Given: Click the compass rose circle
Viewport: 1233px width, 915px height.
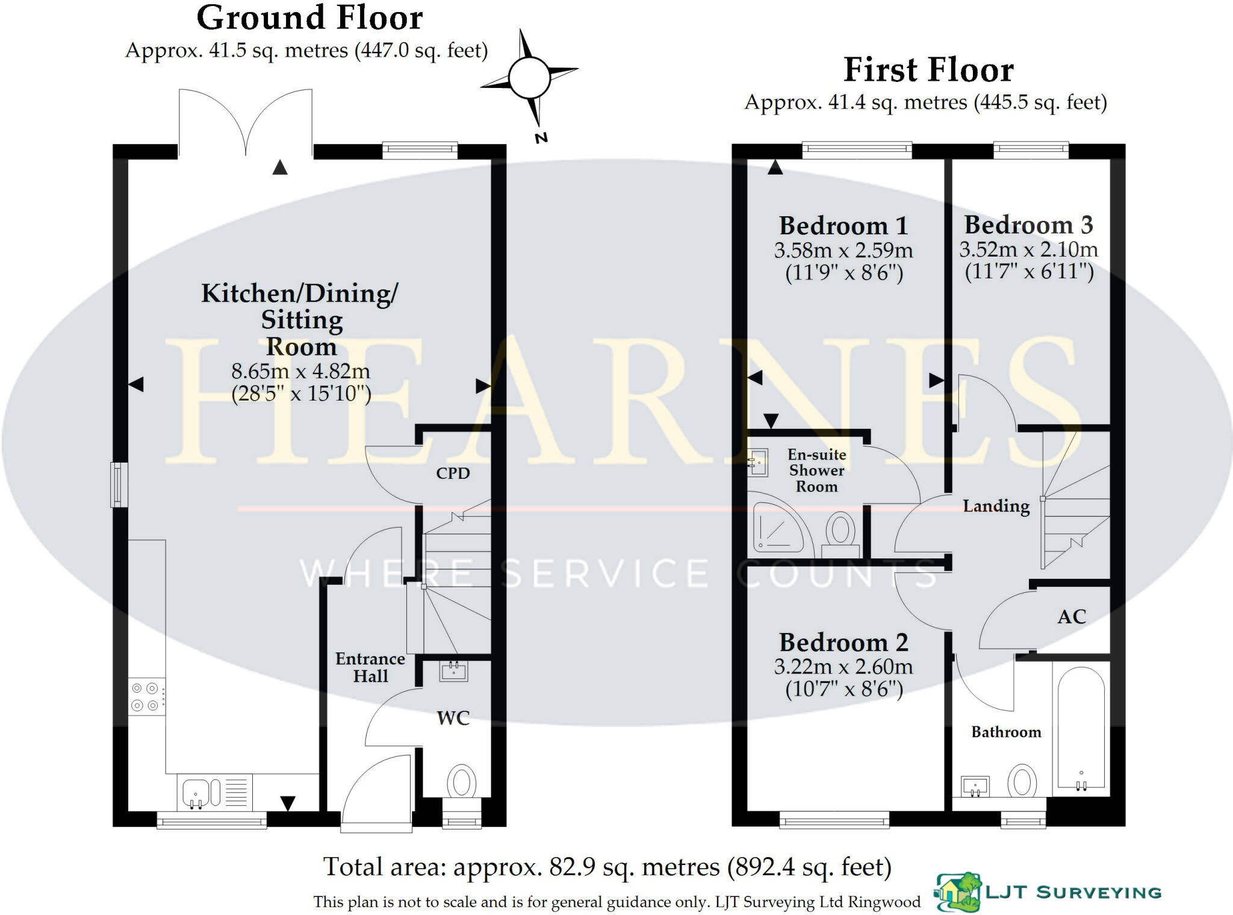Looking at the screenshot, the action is (x=529, y=78).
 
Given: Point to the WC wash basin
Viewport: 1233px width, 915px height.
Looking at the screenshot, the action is (x=453, y=671).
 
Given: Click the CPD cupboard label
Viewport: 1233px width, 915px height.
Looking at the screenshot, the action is (x=453, y=473).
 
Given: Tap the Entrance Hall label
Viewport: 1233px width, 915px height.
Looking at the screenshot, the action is (x=370, y=667).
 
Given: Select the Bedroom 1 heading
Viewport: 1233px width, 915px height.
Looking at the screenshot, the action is (x=843, y=226).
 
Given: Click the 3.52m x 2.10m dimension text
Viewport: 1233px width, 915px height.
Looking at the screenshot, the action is (x=1028, y=249).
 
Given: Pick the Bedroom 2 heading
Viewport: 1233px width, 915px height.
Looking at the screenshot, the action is (x=843, y=643).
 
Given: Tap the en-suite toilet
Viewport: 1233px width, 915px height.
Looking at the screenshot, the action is (x=840, y=535).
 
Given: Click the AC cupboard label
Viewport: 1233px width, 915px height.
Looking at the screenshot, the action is (x=1072, y=617).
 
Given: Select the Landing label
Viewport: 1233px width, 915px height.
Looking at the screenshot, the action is (x=996, y=507).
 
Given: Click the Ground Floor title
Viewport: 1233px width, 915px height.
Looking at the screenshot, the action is (x=309, y=17).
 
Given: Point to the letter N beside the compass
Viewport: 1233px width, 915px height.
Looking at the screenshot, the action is (x=541, y=138).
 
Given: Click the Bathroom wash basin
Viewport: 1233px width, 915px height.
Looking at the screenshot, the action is (x=975, y=787).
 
